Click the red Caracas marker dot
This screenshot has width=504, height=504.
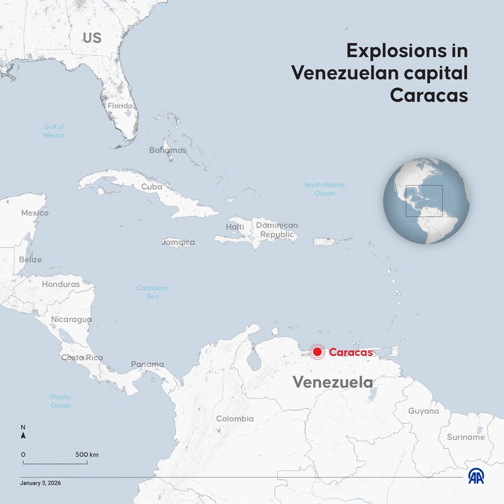click(x=318, y=353)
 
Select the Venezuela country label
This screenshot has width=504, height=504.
click(x=333, y=382)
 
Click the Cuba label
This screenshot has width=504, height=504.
click(x=152, y=186)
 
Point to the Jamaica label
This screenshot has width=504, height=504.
click(x=178, y=242)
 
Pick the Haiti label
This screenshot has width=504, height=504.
click(x=235, y=227)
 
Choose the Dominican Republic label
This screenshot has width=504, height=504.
click(x=277, y=230)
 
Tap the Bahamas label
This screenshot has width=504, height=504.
click(x=168, y=150)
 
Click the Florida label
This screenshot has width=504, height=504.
click(x=120, y=106)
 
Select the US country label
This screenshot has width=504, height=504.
click(x=92, y=38)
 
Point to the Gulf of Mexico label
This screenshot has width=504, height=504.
click(x=54, y=131)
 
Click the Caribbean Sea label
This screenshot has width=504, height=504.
click(x=152, y=292)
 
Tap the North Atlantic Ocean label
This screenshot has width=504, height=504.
click(x=324, y=189)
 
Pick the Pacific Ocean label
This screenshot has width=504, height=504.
click(x=61, y=401)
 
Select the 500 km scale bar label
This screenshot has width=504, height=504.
click(x=87, y=454)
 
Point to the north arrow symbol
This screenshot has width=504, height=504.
click(x=23, y=434)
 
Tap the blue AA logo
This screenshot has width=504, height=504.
click(x=476, y=477)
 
